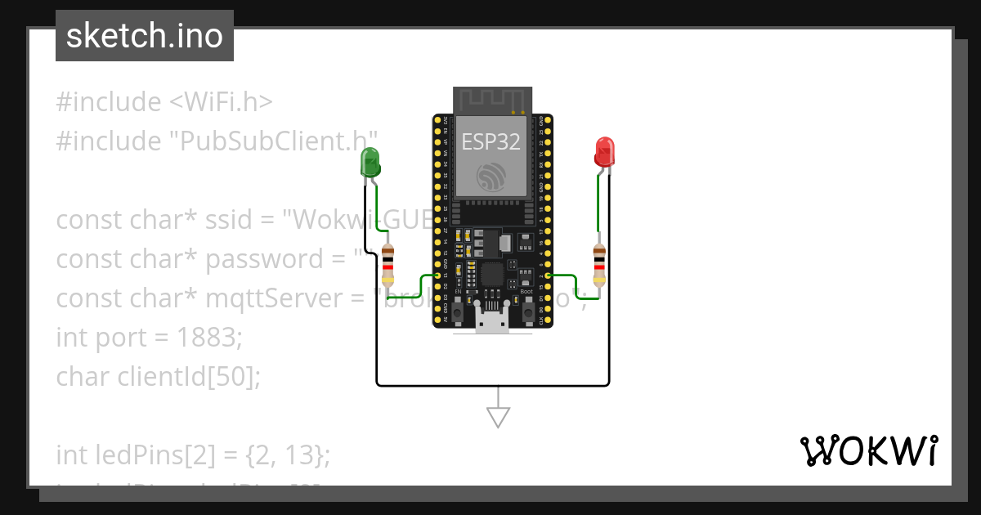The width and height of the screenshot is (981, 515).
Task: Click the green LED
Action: [x=370, y=161]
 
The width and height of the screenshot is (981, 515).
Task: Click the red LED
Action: [x=604, y=152]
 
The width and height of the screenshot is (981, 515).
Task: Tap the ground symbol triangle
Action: [x=498, y=417]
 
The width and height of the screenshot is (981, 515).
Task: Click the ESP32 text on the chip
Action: [x=491, y=141]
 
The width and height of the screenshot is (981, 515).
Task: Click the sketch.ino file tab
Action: [x=145, y=36]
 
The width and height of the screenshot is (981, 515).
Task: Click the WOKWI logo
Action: [x=868, y=451]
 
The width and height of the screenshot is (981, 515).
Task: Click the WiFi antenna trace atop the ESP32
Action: [x=491, y=100]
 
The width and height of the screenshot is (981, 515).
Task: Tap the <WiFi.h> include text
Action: [x=221, y=102]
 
